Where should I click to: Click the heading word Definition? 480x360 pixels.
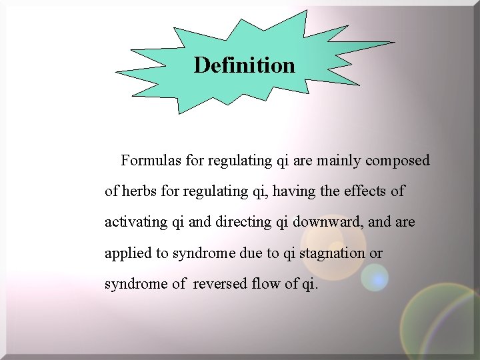tap(244, 65)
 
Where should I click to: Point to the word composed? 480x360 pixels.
tap(397, 161)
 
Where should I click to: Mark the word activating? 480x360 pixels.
tap(136, 222)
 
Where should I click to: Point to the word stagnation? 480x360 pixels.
tap(332, 253)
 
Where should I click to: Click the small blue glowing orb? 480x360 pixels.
tap(375, 277)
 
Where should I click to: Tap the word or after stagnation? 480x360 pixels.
tap(376, 253)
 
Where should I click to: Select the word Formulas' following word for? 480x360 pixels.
tap(195, 161)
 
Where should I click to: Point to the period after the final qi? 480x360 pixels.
tap(317, 287)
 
